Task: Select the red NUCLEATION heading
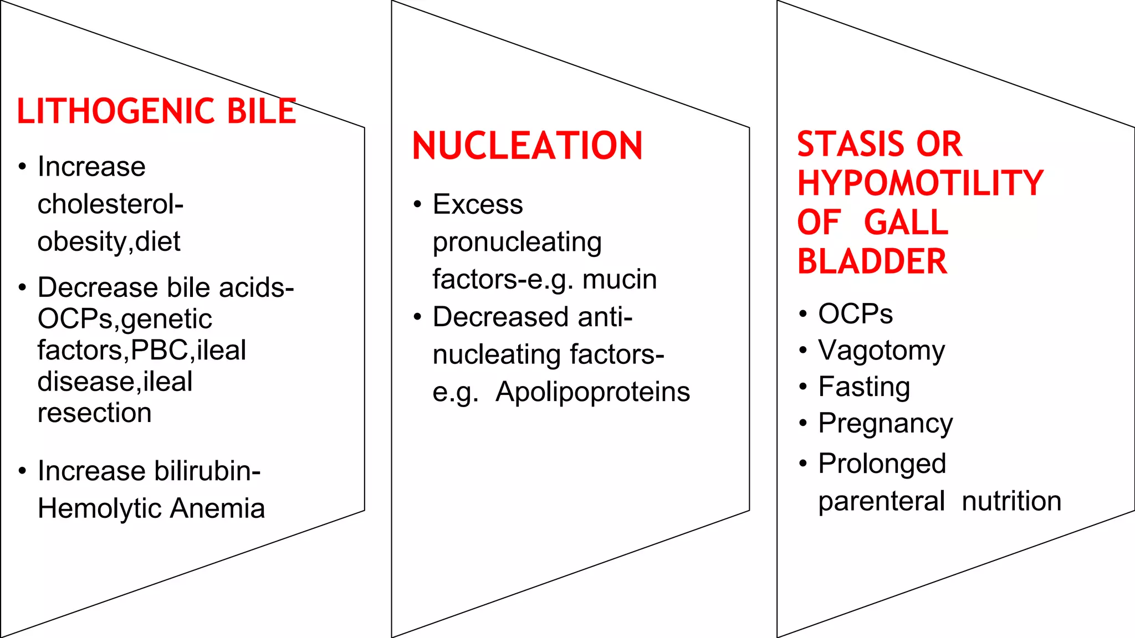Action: tap(527, 146)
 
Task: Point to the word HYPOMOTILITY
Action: tap(920, 183)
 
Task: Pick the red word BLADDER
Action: tap(872, 261)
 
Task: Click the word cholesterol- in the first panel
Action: tap(110, 204)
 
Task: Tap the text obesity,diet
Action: tap(109, 242)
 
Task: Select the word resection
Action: tap(95, 413)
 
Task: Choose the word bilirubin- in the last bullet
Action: tap(207, 471)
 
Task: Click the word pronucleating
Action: tap(517, 243)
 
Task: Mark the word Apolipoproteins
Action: tap(592, 392)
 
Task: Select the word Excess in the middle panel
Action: tap(478, 204)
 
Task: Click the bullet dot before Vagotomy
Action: tap(803, 351)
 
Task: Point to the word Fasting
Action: tap(864, 387)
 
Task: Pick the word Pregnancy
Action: tap(885, 424)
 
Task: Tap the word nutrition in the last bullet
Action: tap(1011, 501)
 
